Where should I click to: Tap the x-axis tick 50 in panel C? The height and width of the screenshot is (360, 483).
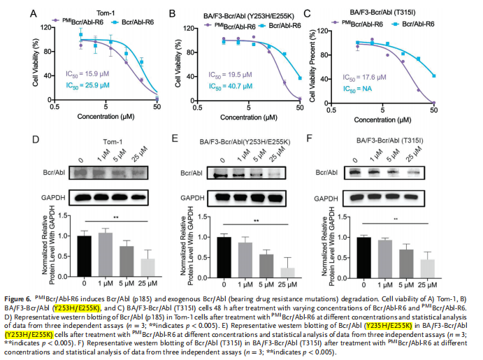[434, 110]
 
